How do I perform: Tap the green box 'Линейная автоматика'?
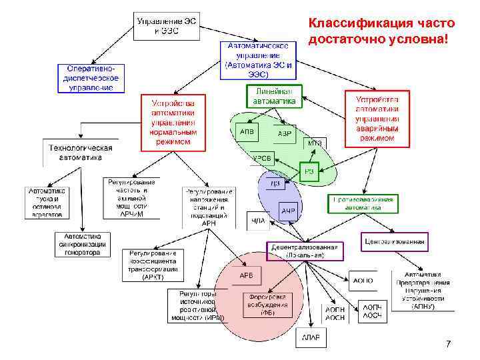274,96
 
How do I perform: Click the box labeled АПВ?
247,132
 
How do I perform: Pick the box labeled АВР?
285,133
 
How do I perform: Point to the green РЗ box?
309,172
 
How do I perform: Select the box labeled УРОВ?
261,158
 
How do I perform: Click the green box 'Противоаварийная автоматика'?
364,203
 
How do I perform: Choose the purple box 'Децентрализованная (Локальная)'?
305,251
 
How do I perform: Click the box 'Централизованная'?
395,241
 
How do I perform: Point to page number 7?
447,344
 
